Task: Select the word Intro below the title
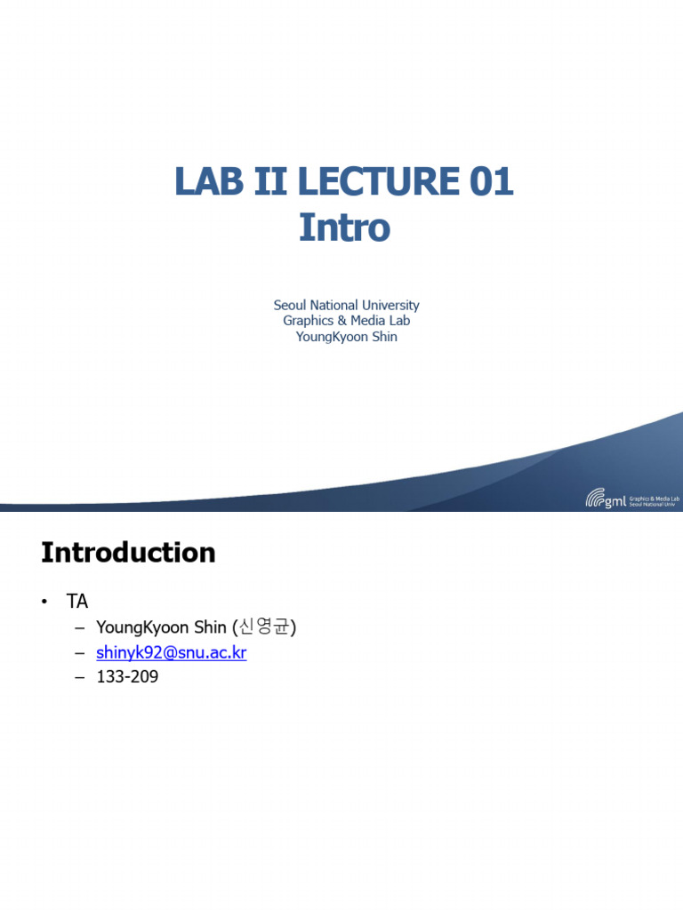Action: tap(345, 227)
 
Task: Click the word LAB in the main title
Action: tap(205, 182)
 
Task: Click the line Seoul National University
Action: tap(346, 305)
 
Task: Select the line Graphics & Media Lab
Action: tap(346, 321)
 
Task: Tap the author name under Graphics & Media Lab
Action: tap(346, 337)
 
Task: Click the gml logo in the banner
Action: tap(607, 499)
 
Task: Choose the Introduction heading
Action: tap(128, 553)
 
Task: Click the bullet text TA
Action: tap(77, 602)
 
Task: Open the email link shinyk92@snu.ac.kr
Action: tap(171, 653)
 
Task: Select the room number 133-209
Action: tap(127, 678)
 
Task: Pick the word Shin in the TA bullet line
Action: tap(211, 628)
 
